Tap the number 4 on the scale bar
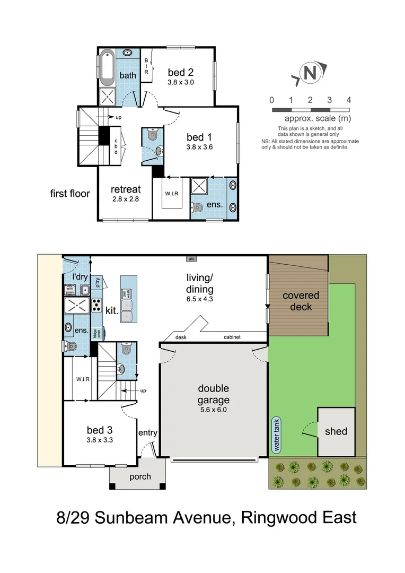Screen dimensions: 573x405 coord(348,100)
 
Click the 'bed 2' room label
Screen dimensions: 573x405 coord(181,72)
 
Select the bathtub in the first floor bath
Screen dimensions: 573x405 coord(107,67)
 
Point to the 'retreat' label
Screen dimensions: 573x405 coord(125,189)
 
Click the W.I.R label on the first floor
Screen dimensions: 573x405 coord(171,193)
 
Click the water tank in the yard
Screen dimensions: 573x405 coord(276,435)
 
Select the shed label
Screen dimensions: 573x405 coord(336,431)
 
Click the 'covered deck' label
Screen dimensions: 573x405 coord(301,301)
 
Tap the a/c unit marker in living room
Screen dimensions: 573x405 coord(191,259)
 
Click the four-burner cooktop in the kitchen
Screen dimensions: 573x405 coord(97,305)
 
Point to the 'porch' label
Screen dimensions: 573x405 coord(140,476)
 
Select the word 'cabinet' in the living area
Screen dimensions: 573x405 coord(232,337)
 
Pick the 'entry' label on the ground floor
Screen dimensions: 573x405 coord(148,433)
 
